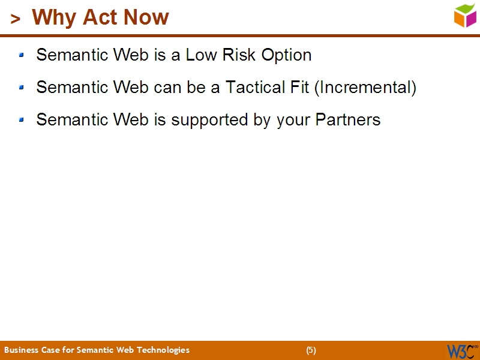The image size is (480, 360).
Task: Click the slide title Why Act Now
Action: coord(100,17)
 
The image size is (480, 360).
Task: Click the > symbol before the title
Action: coord(16,19)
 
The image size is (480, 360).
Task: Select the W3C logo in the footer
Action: coord(461,350)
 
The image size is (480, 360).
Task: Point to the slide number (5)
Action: coord(311,350)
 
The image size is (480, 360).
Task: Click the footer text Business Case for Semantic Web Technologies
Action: coord(97,350)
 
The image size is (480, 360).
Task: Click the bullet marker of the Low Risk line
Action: coord(22,55)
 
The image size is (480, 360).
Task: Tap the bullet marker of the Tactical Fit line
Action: coord(22,88)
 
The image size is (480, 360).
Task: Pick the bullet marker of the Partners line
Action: coord(22,120)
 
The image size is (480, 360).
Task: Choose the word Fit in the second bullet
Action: coord(300,88)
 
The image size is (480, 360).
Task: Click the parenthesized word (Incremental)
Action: coord(365,88)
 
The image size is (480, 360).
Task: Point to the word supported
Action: coord(209,121)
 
